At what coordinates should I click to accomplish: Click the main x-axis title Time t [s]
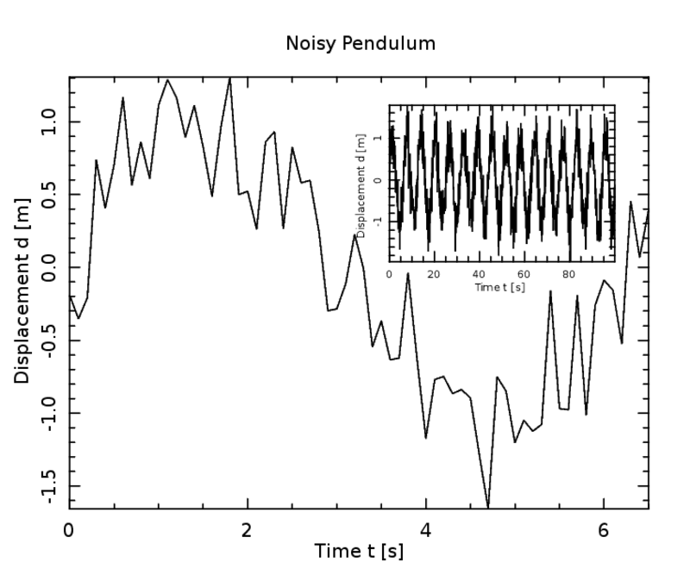coord(358,550)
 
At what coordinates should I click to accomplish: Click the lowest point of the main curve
coord(488,506)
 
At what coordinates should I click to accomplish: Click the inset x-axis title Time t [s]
coord(500,286)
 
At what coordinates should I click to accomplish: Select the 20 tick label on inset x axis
coord(434,274)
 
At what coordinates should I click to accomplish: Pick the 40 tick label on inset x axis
coord(479,274)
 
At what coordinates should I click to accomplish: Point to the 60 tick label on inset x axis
coord(524,274)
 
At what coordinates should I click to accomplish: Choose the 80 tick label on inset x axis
coord(568,274)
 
